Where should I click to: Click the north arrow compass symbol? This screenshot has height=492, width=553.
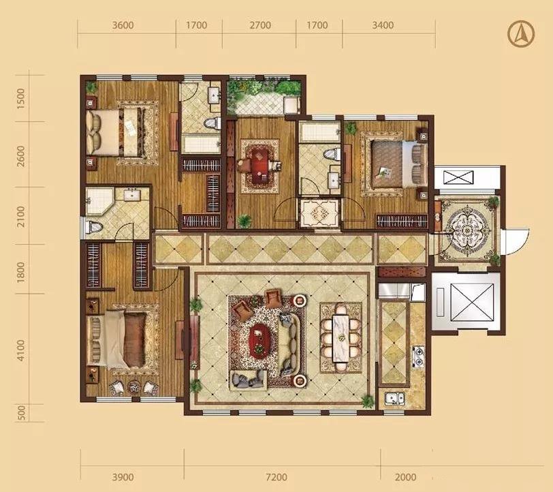point(521,34)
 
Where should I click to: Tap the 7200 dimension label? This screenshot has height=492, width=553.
point(276,477)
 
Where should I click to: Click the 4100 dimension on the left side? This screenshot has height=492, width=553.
point(21,350)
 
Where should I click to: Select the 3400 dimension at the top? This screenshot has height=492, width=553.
point(383,25)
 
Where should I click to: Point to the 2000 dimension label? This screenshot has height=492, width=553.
point(405,477)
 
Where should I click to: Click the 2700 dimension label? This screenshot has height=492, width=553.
point(260,25)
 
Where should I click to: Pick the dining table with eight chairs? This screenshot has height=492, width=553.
point(341,338)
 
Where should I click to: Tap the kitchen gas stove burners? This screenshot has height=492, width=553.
point(418,356)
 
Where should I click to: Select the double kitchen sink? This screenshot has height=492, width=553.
point(394,399)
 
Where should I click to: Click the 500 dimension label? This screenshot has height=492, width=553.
point(21,412)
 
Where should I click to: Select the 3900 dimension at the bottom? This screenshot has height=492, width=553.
point(123,477)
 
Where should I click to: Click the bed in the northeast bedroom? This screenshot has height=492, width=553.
point(399,164)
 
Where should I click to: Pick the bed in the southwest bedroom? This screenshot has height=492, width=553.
point(116,339)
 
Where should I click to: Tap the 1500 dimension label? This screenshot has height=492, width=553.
point(21,99)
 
